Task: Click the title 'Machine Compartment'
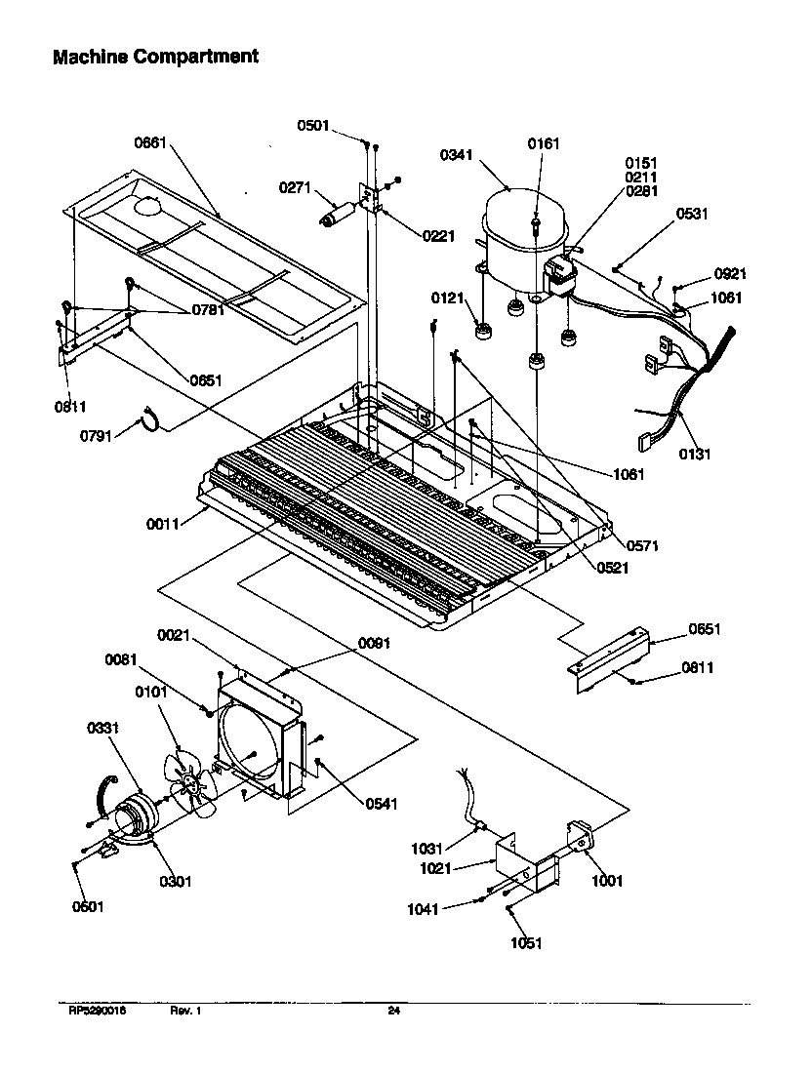coord(155,57)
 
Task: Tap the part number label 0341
coord(458,154)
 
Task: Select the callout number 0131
coord(695,453)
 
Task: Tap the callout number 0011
coord(164,524)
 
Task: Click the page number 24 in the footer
coord(393,1011)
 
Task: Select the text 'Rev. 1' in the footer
coord(185,1011)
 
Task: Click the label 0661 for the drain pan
coord(151,143)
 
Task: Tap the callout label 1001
coord(606,881)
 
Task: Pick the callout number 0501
coord(315,124)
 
